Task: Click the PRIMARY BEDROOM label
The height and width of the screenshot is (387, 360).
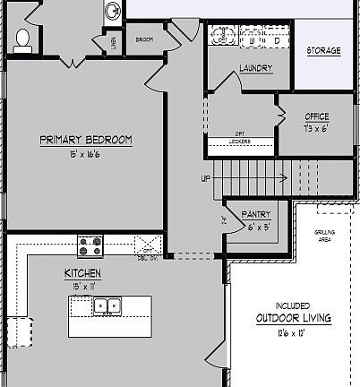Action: [x=86, y=140]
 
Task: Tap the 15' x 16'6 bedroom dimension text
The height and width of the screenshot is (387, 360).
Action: [x=86, y=153]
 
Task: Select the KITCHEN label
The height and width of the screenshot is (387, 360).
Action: [x=81, y=272]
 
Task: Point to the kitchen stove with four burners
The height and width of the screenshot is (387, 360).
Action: [x=90, y=245]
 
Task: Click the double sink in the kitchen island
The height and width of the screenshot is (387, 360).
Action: [x=107, y=306]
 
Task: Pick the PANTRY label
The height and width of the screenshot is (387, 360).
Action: [x=256, y=215]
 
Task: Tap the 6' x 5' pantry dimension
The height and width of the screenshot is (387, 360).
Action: [x=256, y=226]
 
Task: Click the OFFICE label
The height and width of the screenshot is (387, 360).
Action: [x=317, y=116]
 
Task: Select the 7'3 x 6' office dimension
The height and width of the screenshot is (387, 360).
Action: [x=317, y=127]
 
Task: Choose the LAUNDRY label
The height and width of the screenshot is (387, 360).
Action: [x=256, y=69]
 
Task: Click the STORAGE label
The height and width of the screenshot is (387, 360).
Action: [x=323, y=51]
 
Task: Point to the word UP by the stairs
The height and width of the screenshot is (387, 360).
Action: [x=206, y=178]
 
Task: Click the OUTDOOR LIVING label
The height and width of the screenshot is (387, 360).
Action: [x=293, y=318]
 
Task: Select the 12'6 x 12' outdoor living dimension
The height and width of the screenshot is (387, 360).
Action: [x=293, y=332]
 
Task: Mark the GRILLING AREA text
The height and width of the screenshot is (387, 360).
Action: [x=324, y=236]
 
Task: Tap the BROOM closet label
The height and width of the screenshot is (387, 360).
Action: [x=144, y=39]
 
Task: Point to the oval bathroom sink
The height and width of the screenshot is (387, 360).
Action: [x=112, y=11]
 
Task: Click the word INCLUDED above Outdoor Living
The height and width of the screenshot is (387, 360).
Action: [x=292, y=305]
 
